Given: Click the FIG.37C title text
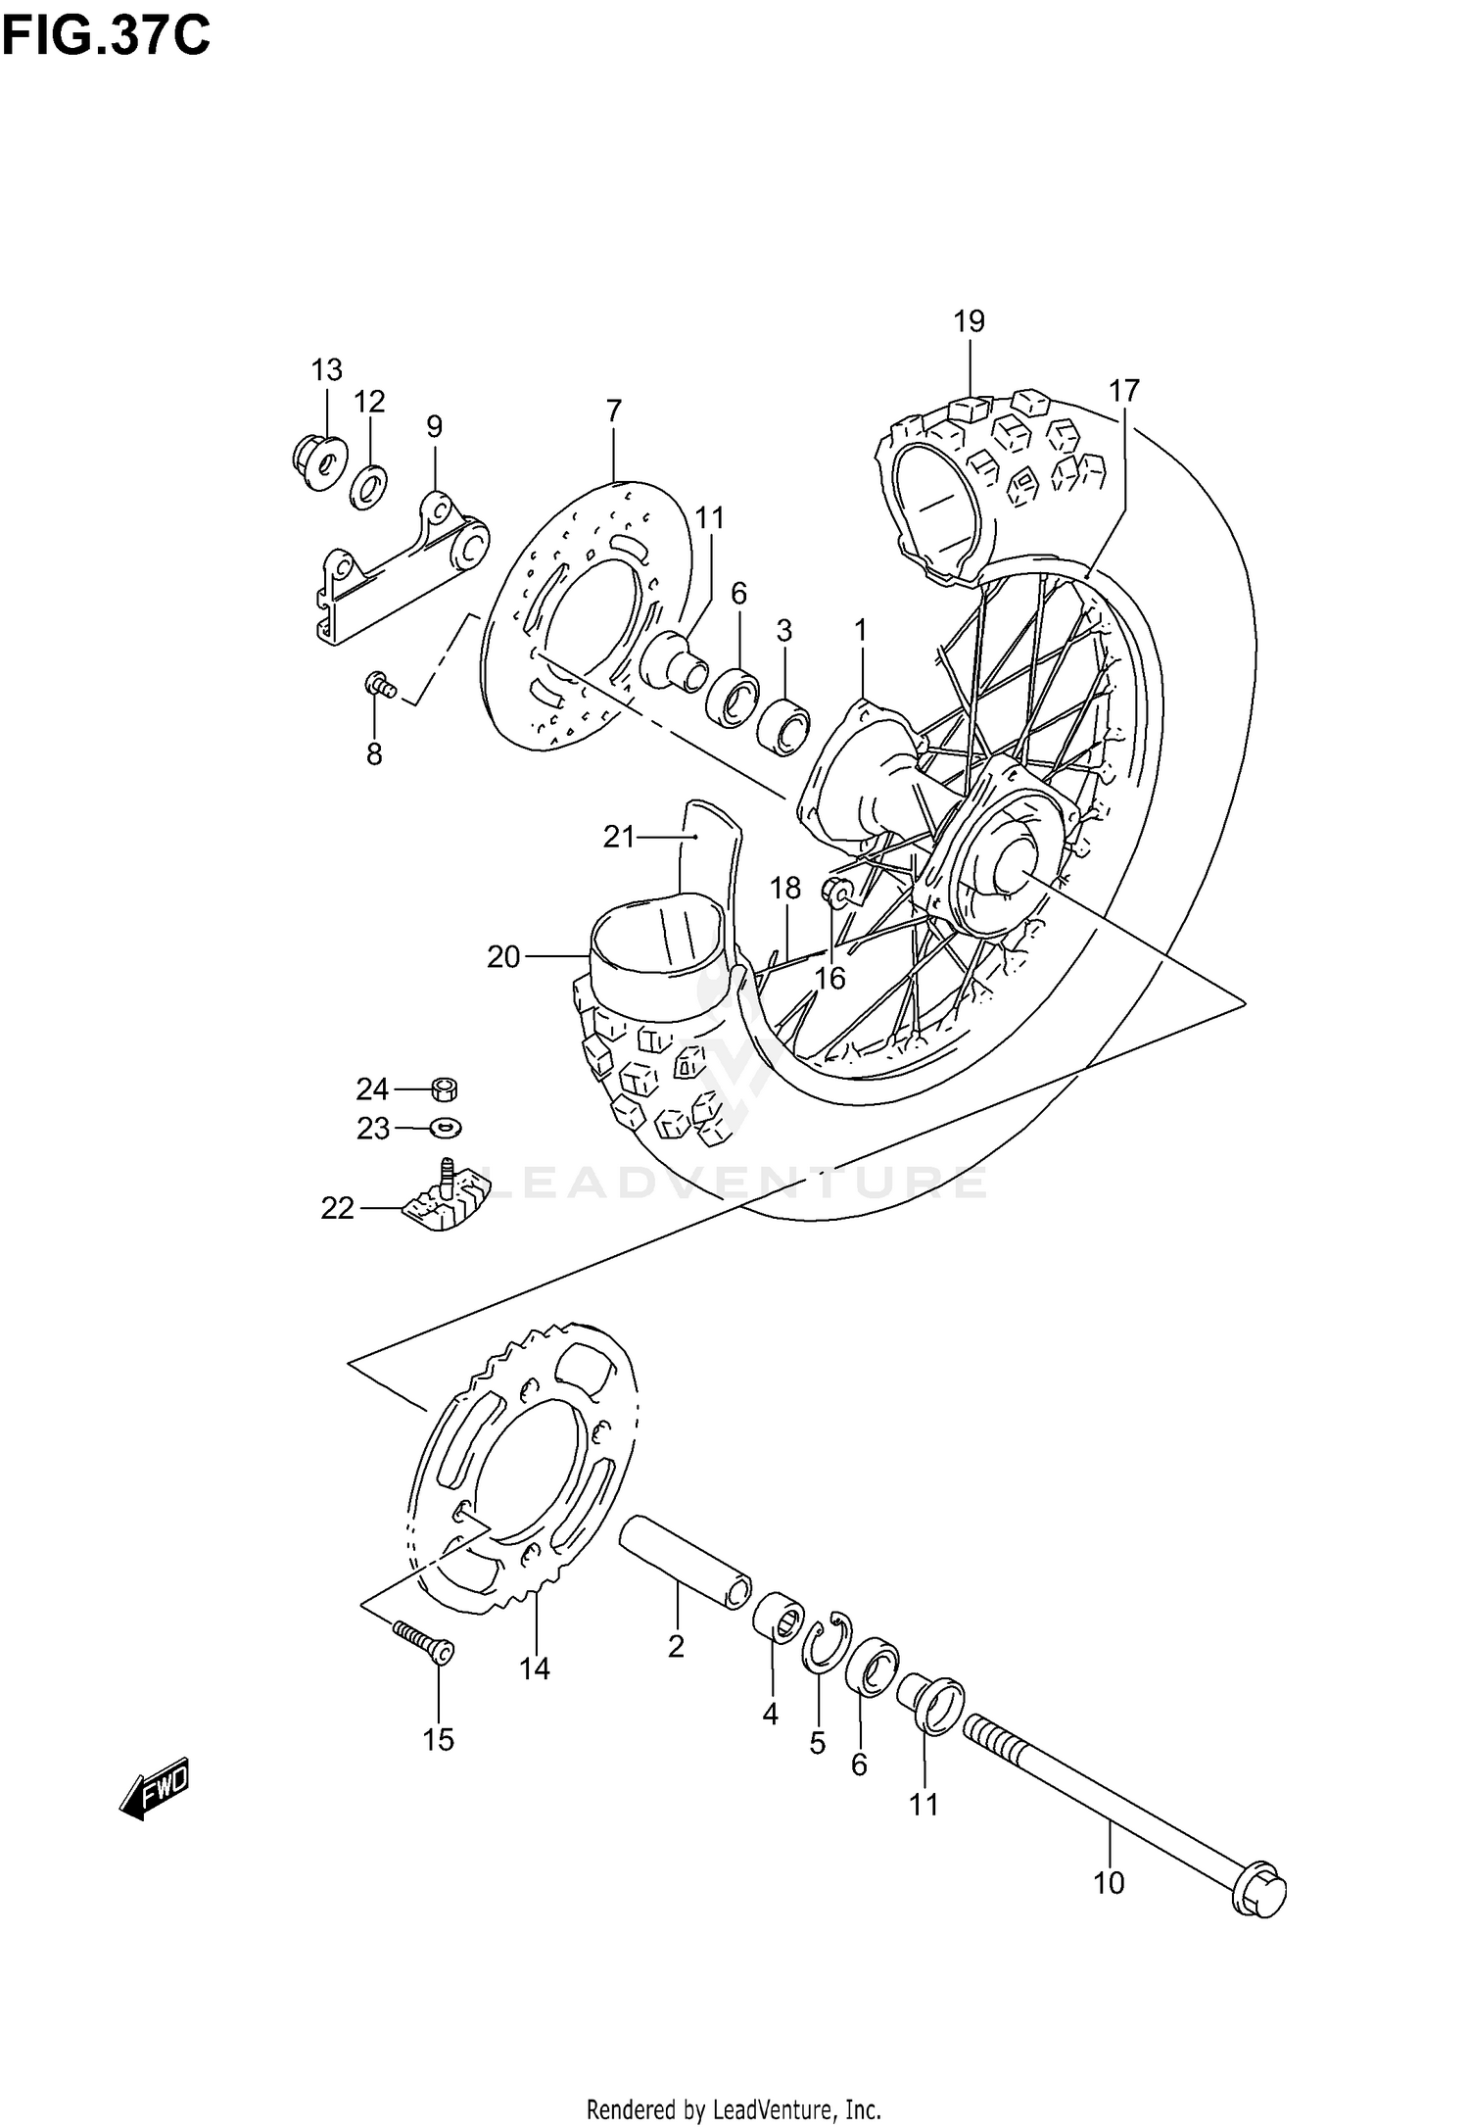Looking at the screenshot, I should (x=106, y=37).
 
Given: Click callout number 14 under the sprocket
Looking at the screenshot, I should (x=535, y=1669).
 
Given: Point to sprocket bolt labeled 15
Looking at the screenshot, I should (x=422, y=1641).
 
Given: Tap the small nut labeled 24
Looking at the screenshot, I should (x=446, y=1088).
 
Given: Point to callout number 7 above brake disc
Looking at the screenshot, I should (x=614, y=411).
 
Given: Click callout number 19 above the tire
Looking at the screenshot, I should (x=969, y=321).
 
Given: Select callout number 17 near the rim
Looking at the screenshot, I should (x=1124, y=391).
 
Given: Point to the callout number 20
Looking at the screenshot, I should (x=503, y=957).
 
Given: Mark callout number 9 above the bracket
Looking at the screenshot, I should (x=434, y=427).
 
